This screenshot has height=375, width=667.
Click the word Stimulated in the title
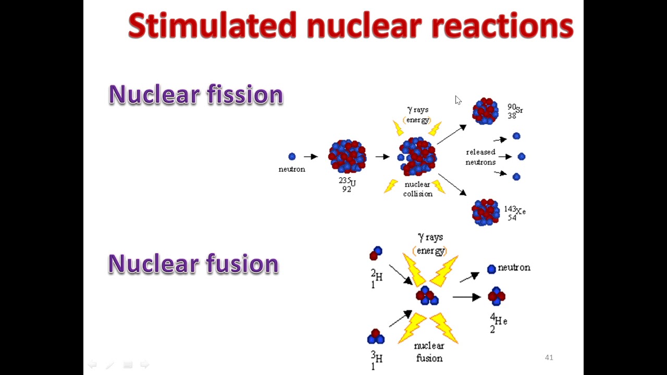(213, 26)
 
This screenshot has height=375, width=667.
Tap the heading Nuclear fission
(195, 95)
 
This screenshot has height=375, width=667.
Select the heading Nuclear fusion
(193, 264)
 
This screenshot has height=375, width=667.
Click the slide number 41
(549, 357)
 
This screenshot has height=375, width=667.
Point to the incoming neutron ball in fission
(292, 156)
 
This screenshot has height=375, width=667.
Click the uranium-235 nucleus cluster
(347, 156)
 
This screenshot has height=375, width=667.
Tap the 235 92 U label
(347, 184)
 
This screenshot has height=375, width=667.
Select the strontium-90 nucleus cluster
(485, 111)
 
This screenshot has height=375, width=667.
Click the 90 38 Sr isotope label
(514, 111)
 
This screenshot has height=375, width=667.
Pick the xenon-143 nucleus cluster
(485, 211)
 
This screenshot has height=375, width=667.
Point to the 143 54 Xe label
(514, 213)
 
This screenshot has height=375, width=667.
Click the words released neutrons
(480, 157)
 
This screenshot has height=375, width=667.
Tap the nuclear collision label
(417, 189)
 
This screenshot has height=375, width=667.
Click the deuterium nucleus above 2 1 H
(376, 253)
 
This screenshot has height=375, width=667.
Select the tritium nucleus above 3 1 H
(376, 336)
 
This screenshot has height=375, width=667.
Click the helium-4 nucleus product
(496, 296)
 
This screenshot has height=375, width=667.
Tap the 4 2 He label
(498, 322)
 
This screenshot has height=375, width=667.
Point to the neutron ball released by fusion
(491, 269)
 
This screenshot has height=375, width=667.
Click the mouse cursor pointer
(458, 100)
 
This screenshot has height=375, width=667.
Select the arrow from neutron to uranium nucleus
(311, 156)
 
